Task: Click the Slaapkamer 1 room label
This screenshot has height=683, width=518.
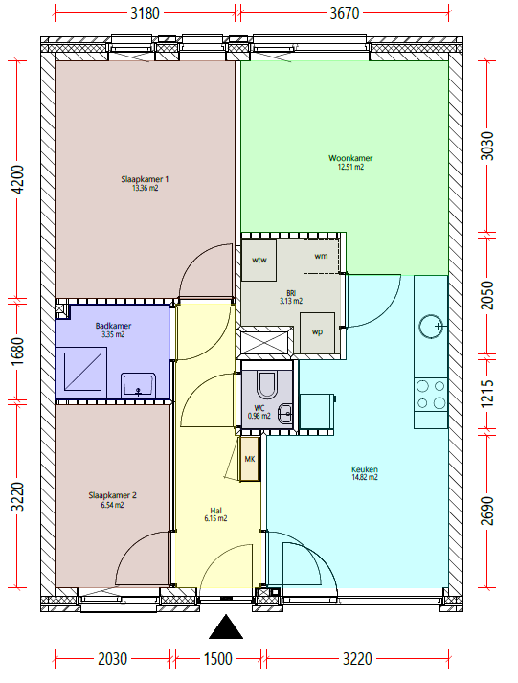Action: point(145,179)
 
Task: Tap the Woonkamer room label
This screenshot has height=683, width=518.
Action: point(350,158)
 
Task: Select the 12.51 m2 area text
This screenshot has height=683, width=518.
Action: point(350,167)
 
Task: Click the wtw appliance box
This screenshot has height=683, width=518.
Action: point(259,260)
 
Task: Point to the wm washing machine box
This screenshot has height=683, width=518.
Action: point(322,256)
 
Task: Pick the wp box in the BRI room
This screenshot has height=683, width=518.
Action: point(317,331)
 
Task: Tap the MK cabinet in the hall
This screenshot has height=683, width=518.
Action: point(249,459)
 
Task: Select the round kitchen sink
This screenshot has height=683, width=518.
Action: point(431,327)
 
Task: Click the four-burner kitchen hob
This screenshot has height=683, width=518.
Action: point(431,395)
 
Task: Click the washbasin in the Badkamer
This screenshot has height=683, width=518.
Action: point(138,385)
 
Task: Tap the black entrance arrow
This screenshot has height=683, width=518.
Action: point(226,626)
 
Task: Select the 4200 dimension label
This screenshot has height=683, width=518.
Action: point(18,180)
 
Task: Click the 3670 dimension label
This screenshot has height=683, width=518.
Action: point(345,13)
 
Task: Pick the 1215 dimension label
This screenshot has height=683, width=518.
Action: point(487,394)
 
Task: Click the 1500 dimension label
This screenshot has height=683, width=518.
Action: point(218,659)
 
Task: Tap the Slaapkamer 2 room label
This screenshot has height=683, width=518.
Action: point(112,495)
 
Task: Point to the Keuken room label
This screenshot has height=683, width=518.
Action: point(365,469)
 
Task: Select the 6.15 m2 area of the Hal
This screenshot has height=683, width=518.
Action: point(215,518)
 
